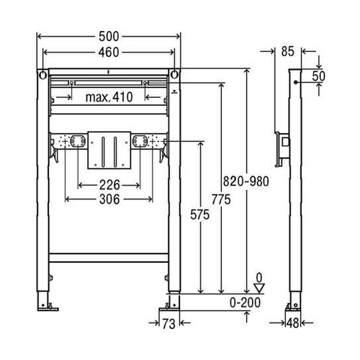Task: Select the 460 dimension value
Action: [x=107, y=52]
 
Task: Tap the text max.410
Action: [x=107, y=96]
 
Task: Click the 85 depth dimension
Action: [x=288, y=51]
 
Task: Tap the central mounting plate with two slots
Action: [x=107, y=148]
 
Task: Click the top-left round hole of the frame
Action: [x=43, y=76]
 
